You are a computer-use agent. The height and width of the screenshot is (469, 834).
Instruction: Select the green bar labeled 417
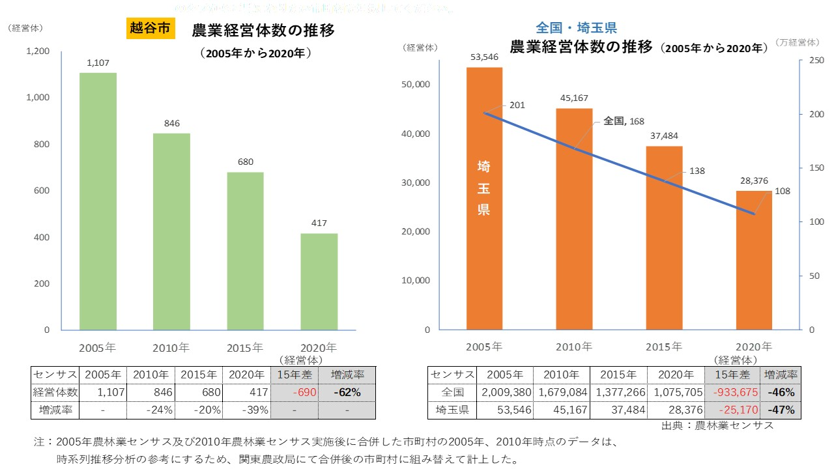[319, 281]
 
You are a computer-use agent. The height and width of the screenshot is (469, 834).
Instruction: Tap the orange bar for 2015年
[664, 238]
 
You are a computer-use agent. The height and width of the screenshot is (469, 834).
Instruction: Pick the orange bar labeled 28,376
[754, 260]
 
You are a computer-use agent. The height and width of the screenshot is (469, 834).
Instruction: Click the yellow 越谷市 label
[150, 29]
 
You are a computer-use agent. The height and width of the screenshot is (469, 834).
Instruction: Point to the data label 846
[172, 123]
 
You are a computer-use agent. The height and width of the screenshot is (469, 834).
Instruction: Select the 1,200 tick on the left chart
[38, 51]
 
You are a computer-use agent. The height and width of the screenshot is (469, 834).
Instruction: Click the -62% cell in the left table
[347, 392]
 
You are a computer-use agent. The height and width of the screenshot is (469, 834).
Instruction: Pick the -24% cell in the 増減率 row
[151, 410]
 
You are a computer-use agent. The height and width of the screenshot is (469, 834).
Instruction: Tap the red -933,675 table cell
[732, 392]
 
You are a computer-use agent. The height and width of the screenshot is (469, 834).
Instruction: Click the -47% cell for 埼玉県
[780, 410]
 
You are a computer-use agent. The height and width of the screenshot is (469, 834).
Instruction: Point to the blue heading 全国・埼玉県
[576, 28]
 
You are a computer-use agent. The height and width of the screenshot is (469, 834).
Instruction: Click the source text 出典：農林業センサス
[717, 425]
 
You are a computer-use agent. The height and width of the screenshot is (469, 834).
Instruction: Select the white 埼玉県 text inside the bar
[484, 188]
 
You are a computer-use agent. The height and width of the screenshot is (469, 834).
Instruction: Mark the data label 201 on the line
[517, 105]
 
